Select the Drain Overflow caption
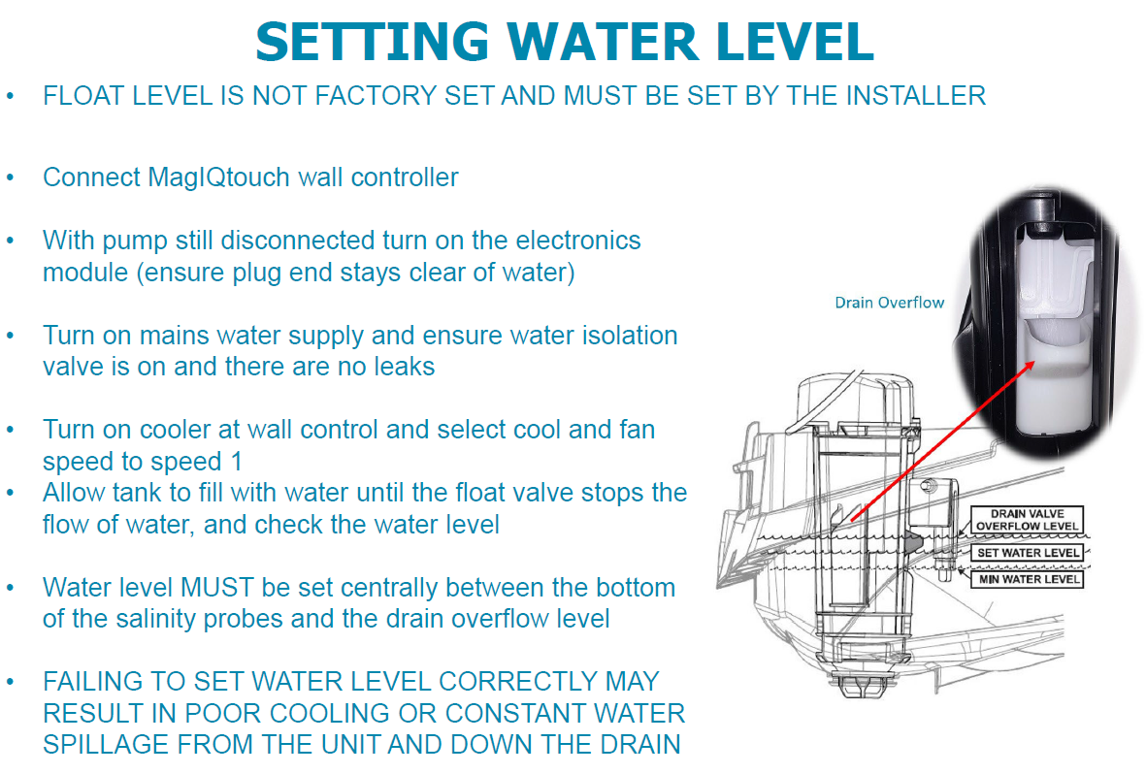[889, 303]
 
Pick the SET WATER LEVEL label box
[1028, 553]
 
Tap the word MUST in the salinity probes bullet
[222, 588]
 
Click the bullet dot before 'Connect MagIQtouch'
[11, 178]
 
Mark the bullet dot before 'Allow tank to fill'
[11, 493]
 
